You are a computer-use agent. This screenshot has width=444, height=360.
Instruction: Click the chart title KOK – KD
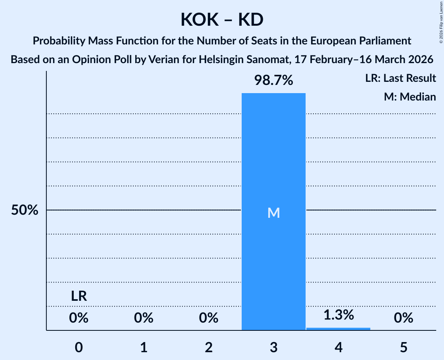(x=222, y=19)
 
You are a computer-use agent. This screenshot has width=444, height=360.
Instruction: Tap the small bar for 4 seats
(x=338, y=329)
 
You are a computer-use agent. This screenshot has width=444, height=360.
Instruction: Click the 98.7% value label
(x=273, y=81)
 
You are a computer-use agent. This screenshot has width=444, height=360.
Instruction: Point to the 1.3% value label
(x=338, y=315)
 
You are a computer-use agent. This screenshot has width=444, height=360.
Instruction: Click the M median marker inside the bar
(x=273, y=213)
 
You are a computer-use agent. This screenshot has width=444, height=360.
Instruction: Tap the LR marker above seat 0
(x=79, y=296)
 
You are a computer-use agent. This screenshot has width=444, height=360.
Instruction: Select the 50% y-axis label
(x=25, y=210)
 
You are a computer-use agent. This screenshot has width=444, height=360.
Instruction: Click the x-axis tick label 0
(x=79, y=347)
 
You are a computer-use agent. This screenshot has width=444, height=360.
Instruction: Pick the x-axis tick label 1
(x=143, y=347)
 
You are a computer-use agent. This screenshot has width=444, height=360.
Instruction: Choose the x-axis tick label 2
(x=209, y=347)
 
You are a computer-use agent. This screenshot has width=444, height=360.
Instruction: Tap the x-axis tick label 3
(x=273, y=347)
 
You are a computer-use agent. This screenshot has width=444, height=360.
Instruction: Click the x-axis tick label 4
(x=338, y=347)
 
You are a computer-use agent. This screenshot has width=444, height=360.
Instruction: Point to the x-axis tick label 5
(x=403, y=347)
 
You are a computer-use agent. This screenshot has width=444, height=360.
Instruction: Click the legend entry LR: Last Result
(x=400, y=78)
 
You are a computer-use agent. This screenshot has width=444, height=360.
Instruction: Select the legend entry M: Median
(x=410, y=97)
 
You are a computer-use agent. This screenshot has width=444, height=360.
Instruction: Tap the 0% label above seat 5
(x=403, y=318)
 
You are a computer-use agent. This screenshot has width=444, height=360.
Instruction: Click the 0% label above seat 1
(x=143, y=318)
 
